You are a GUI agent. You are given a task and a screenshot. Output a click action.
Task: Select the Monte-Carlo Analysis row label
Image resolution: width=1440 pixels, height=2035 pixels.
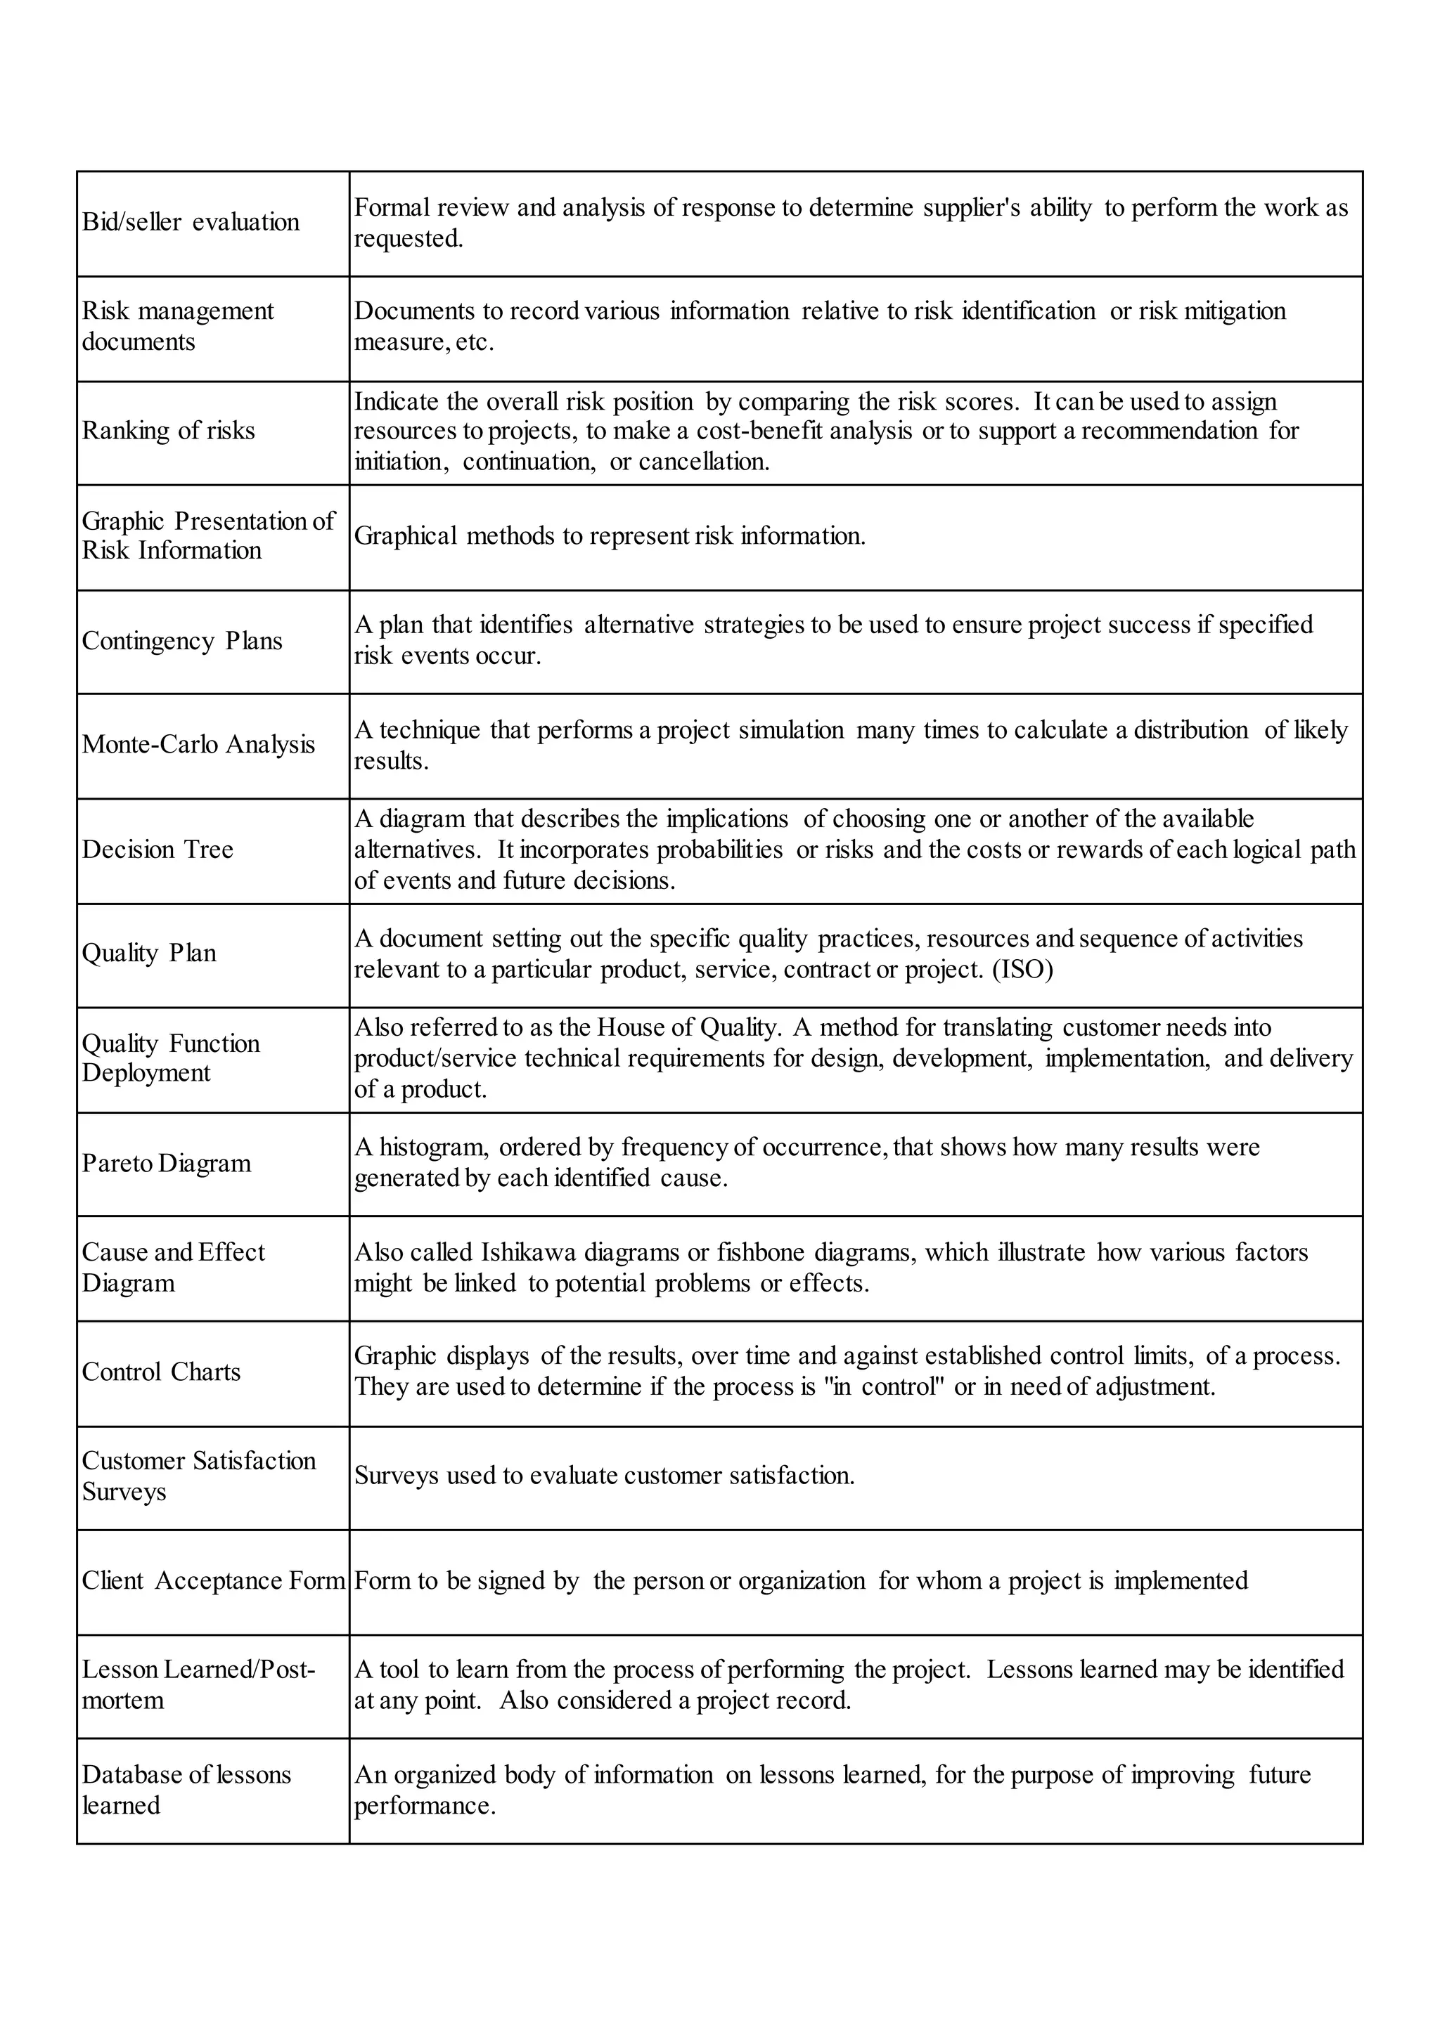click(x=198, y=745)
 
